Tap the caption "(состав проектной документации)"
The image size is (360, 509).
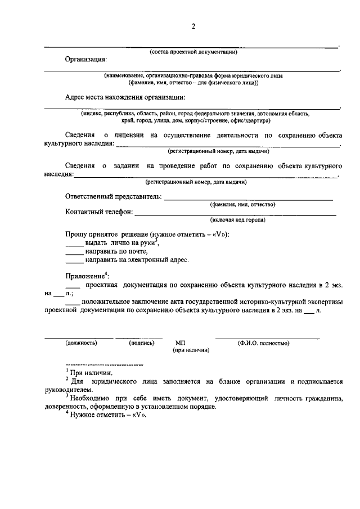pos(193,52)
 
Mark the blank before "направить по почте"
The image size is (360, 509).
pos(74,253)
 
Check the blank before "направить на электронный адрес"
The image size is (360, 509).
pos(74,261)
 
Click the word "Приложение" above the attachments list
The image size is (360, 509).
pos(84,277)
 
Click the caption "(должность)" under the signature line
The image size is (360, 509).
pos(82,343)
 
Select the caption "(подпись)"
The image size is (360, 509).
pos(142,343)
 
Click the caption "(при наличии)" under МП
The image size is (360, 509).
pos(191,350)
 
